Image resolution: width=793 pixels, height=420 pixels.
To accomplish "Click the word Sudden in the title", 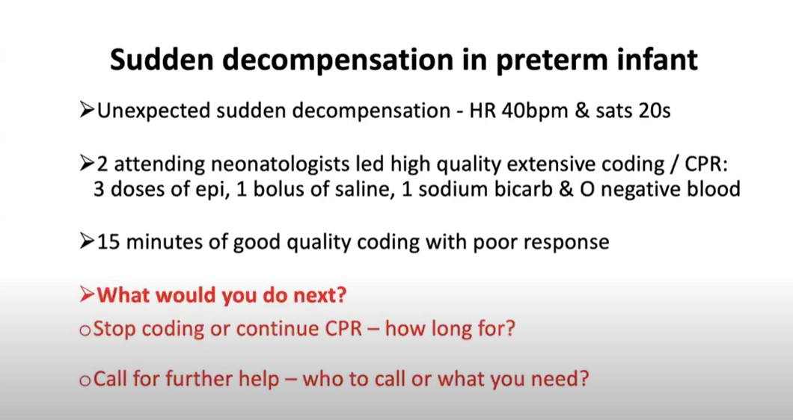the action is pyautogui.click(x=162, y=60).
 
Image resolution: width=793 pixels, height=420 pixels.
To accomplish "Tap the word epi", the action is pyautogui.click(x=210, y=190).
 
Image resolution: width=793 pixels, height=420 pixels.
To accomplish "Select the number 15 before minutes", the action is pyautogui.click(x=108, y=242).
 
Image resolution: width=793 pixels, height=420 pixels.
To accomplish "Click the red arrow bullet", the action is pyautogui.click(x=87, y=294).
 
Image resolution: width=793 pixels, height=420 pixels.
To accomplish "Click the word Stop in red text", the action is pyautogui.click(x=114, y=329).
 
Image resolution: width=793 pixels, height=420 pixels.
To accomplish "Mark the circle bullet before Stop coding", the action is pyautogui.click(x=85, y=330).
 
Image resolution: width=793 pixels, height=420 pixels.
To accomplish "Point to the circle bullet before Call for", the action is pyautogui.click(x=85, y=380).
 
